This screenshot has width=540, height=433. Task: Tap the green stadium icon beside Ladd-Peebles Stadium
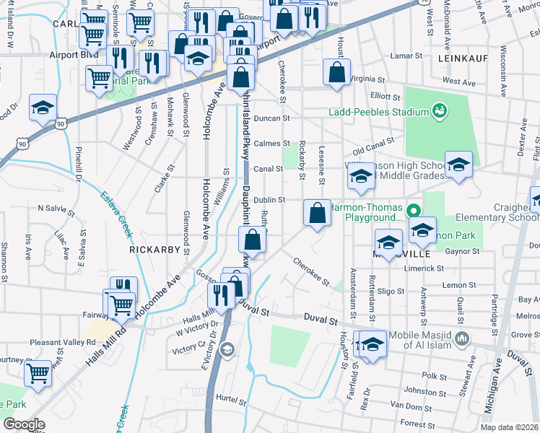437,110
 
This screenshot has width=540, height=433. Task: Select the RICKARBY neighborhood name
152,249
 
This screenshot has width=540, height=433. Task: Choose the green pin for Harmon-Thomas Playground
413,212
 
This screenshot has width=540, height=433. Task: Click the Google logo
25,424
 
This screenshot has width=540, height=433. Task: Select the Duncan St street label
271,118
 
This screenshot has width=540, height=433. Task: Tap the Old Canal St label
373,147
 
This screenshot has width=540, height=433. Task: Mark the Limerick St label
426,268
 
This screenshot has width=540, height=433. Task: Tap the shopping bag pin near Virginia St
336,73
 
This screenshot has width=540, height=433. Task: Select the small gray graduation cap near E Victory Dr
227,350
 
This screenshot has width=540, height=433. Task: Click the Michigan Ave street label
495,390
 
